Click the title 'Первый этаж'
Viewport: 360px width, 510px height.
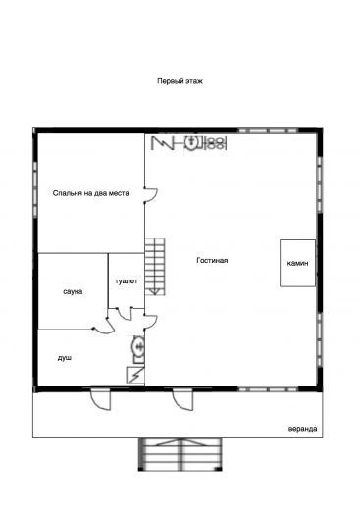pos(180,81)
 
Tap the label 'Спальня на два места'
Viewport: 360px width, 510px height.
pos(91,193)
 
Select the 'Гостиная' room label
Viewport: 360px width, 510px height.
pos(212,260)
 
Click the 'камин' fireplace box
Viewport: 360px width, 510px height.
pos(297,263)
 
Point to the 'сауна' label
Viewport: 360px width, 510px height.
pos(73,291)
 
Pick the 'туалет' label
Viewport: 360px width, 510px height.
pos(127,281)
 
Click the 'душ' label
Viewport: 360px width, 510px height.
pos(65,358)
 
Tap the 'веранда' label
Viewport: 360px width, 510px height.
pos(302,429)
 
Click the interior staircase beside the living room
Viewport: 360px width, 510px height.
pos(155,267)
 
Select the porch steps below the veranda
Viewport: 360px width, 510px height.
pos(180,454)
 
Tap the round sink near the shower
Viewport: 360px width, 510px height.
pos(138,346)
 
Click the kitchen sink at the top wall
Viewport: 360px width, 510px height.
pos(191,142)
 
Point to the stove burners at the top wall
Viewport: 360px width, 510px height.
pos(216,143)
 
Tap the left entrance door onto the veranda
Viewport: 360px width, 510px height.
pos(101,399)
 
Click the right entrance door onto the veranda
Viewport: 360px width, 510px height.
pos(183,399)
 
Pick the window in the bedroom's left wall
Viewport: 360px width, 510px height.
pos(35,188)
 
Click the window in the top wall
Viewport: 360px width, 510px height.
pos(268,130)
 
